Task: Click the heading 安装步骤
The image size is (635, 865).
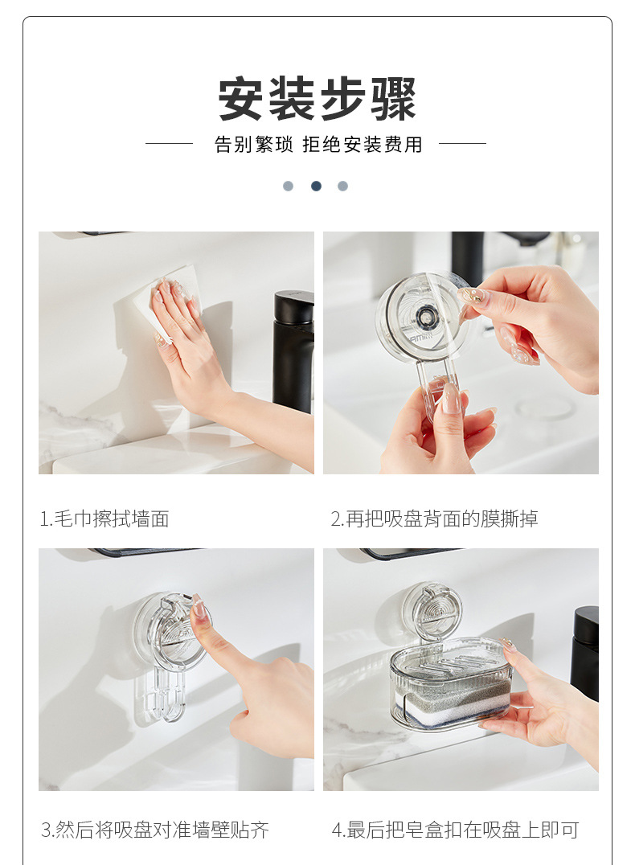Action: click(317, 99)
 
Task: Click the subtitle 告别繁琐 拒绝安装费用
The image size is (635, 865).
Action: click(318, 145)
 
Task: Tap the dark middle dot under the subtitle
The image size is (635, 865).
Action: click(316, 186)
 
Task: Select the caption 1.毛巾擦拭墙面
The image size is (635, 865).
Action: click(104, 519)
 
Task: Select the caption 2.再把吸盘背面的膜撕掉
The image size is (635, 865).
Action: click(434, 519)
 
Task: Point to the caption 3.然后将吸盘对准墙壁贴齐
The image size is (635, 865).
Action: click(155, 829)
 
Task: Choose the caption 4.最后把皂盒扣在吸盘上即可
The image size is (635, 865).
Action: click(455, 829)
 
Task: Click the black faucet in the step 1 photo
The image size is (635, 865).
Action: click(293, 351)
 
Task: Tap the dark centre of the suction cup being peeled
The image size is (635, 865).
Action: click(425, 316)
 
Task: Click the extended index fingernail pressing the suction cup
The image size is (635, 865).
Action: click(198, 608)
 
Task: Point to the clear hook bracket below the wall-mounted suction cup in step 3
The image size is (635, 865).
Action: click(168, 693)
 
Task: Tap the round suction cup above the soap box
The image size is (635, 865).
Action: click(432, 611)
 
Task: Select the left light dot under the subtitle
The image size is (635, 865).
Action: click(288, 186)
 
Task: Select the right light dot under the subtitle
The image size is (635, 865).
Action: click(342, 186)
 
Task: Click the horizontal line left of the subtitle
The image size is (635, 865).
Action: click(170, 143)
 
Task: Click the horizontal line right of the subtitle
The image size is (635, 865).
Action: click(462, 143)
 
